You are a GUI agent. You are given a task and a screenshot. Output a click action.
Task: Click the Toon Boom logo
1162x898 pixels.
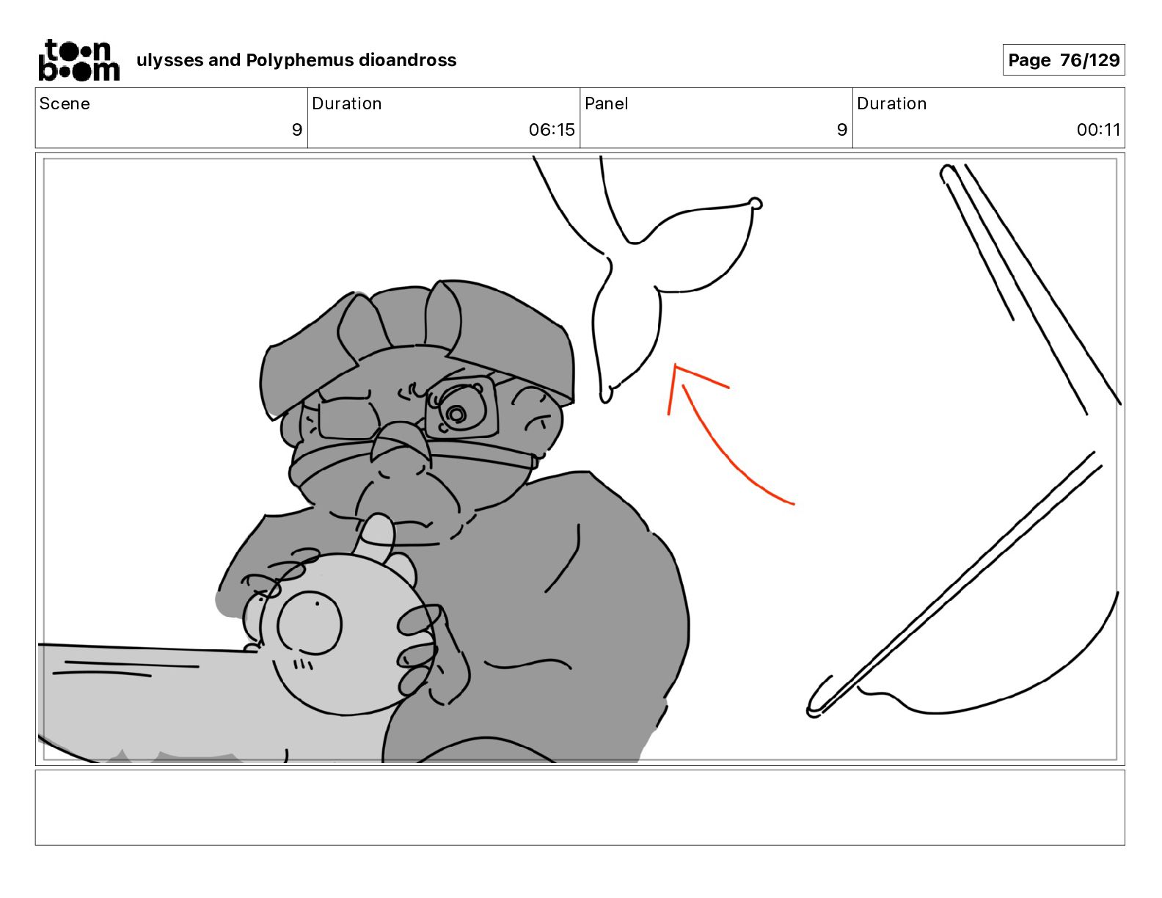(x=78, y=60)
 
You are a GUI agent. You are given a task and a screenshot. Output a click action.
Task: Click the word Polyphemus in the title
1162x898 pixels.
(x=299, y=60)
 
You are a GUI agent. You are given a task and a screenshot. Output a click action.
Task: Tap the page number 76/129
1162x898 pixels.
(x=1090, y=60)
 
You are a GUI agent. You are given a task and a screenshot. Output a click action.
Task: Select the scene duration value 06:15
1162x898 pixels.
(x=552, y=129)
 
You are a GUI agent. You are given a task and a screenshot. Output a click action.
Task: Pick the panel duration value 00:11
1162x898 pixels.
(x=1098, y=129)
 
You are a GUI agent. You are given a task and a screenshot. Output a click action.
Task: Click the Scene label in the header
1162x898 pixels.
(x=65, y=103)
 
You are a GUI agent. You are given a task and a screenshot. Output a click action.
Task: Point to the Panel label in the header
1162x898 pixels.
(x=607, y=103)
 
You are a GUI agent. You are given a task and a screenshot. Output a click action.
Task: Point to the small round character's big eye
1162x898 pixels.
(x=309, y=623)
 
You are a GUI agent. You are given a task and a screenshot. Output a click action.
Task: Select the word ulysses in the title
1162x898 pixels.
(x=170, y=60)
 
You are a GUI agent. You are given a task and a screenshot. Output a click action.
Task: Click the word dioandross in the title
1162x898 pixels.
(x=407, y=60)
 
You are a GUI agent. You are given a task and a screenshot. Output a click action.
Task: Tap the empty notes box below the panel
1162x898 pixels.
(x=580, y=808)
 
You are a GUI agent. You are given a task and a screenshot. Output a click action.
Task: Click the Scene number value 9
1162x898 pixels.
(x=297, y=129)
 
